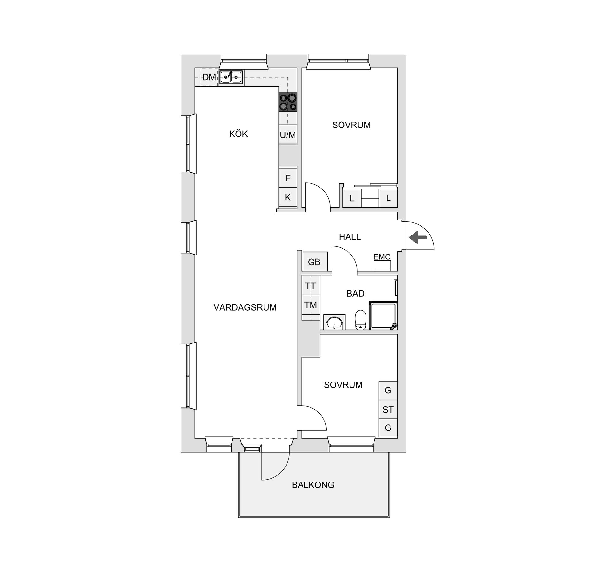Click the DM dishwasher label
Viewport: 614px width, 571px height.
tap(209, 77)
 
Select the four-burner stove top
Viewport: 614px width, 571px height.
tap(288, 102)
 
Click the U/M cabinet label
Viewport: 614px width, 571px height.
tap(288, 135)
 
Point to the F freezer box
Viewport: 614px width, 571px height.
tap(288, 178)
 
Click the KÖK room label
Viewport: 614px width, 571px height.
tap(238, 134)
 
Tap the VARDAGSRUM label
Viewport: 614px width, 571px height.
tap(245, 307)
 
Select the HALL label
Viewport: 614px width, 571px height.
tap(350, 237)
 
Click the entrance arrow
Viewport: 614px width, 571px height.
tap(418, 237)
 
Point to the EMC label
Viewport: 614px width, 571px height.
tap(382, 257)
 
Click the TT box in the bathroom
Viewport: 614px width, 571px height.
tap(311, 286)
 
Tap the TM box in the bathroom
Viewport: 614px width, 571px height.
tap(311, 305)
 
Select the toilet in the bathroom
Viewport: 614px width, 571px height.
tap(360, 320)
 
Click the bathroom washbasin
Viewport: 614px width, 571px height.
tap(334, 322)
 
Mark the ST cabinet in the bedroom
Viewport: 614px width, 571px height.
tap(388, 410)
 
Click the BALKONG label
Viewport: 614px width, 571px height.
tap(313, 485)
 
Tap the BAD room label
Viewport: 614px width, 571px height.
tap(355, 294)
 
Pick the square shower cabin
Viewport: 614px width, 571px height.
tap(383, 316)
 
